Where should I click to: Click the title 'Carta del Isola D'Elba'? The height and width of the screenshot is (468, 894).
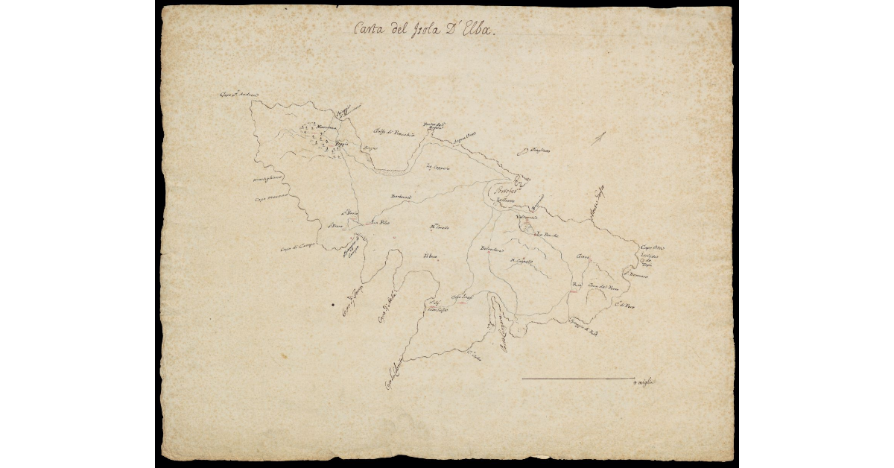click(x=423, y=30)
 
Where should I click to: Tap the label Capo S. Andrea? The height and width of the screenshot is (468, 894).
click(x=238, y=95)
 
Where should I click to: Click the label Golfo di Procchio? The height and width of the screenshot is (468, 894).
click(x=393, y=132)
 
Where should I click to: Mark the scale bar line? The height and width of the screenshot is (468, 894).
click(x=577, y=379)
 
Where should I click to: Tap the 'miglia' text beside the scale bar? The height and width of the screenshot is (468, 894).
click(x=643, y=382)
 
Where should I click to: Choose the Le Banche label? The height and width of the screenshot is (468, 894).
click(x=549, y=234)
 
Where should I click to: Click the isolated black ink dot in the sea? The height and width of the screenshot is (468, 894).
click(x=332, y=304)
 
